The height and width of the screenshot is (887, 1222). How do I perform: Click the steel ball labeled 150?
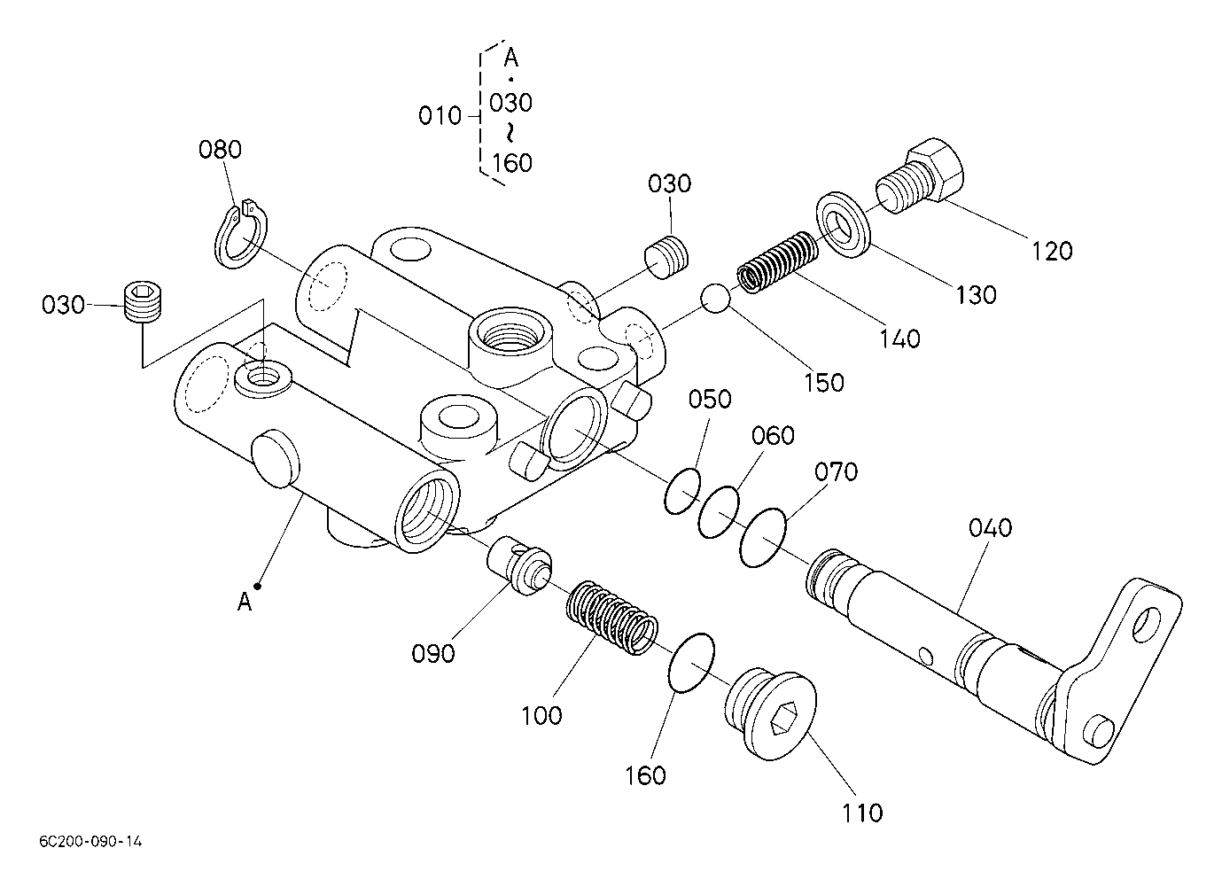[x=716, y=298]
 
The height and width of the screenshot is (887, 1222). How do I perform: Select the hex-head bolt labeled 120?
[x=920, y=175]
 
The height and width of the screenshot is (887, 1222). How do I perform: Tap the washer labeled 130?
[x=843, y=225]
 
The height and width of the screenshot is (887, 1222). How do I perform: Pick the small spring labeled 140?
[x=777, y=261]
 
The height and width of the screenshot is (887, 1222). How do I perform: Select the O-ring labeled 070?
[x=763, y=537]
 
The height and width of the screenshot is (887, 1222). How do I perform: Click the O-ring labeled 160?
[x=691, y=663]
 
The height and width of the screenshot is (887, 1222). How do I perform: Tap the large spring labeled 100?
[x=611, y=618]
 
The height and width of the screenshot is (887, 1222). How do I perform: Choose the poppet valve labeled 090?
[x=519, y=565]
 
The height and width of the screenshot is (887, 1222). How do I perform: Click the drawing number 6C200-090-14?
[x=90, y=842]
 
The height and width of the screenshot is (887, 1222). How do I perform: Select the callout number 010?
[x=440, y=116]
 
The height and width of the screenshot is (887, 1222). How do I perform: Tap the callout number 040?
[x=990, y=528]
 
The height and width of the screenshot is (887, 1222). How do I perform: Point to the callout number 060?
[x=773, y=436]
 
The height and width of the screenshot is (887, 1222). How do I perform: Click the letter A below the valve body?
[x=245, y=602]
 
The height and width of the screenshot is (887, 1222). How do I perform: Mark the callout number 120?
[x=1052, y=251]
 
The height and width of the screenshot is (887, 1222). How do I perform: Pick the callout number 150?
[x=824, y=383]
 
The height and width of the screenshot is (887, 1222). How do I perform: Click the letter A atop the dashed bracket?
[x=510, y=58]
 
